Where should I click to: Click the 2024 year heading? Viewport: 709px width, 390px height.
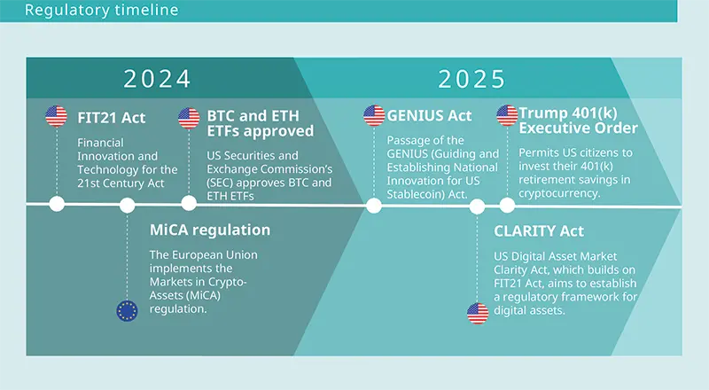[157, 79]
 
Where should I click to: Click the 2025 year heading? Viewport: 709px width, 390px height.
[471, 79]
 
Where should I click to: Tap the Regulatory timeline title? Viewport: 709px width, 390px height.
[101, 11]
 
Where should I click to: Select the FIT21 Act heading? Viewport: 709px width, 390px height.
[111, 116]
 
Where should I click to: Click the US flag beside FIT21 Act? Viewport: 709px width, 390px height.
[56, 116]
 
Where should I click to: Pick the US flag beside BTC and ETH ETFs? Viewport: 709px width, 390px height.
[189, 117]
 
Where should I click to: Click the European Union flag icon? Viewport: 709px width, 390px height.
[128, 310]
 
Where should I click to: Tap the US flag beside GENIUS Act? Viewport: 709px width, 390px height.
[374, 116]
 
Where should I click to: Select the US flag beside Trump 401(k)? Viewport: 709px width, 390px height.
[507, 116]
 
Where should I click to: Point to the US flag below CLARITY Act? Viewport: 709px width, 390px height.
[478, 312]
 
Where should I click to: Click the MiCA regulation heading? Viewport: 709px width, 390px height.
[209, 230]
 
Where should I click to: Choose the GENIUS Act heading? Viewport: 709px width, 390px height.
[430, 116]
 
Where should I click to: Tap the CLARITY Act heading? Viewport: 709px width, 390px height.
[539, 231]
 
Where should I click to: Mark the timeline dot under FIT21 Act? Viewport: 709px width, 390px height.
[57, 206]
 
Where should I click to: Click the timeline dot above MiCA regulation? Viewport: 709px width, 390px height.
[128, 206]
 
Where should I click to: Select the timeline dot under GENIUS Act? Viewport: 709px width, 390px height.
[374, 206]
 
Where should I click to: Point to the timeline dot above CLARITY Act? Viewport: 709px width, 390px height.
[478, 207]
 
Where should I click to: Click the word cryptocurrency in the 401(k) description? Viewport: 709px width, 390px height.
[559, 192]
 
